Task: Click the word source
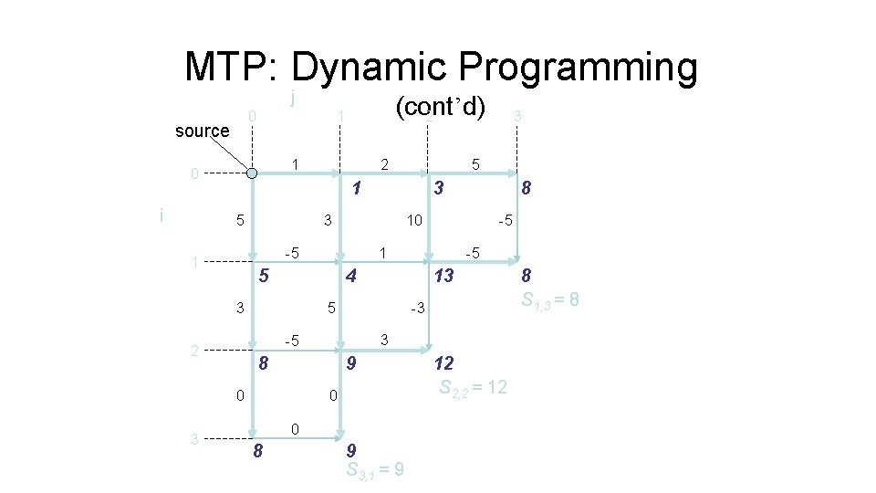click(202, 131)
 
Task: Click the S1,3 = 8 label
click(550, 299)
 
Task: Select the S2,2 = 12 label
click(474, 386)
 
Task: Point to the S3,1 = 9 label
click(376, 470)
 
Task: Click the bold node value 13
click(443, 275)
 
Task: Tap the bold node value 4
click(349, 275)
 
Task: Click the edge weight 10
click(414, 220)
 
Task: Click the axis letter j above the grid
click(291, 96)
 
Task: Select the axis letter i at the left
click(162, 216)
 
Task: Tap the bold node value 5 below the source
click(263, 275)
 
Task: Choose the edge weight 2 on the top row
click(385, 164)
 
